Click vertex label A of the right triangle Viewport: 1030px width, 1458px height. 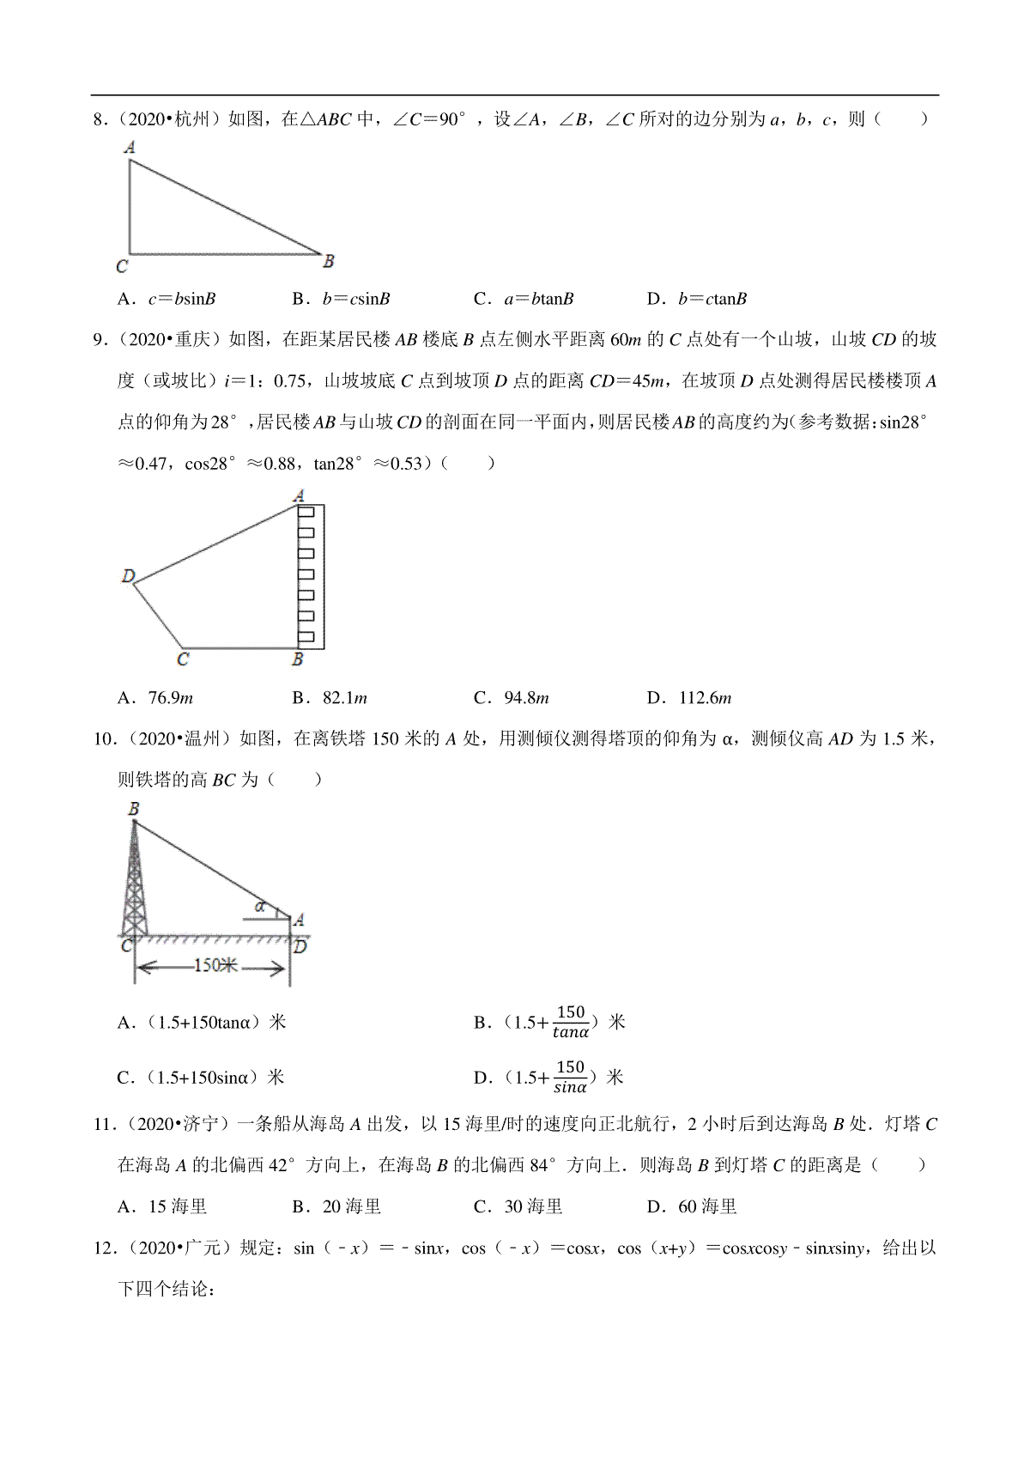coord(130,147)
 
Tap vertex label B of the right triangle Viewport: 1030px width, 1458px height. coord(329,260)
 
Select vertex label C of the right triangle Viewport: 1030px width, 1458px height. coord(122,267)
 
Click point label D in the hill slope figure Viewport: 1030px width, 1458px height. coord(129,576)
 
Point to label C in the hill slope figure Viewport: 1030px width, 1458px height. coord(183,659)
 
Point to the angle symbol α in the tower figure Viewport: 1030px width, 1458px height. coord(259,906)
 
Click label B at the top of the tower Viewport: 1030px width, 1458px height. coord(134,808)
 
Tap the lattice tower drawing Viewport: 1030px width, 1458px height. coord(134,884)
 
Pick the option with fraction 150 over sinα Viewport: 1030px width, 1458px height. coord(549,1078)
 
